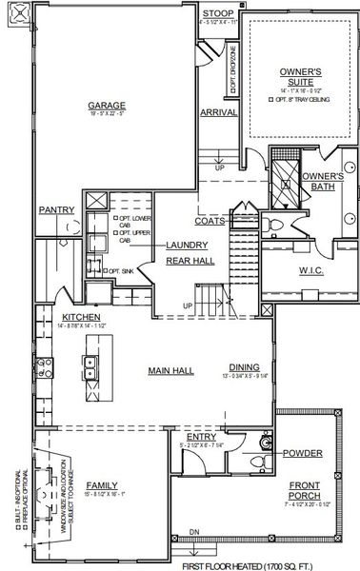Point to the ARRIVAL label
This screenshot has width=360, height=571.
(x=219, y=112)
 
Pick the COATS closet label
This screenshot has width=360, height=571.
(x=210, y=221)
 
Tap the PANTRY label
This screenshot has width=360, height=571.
(x=57, y=210)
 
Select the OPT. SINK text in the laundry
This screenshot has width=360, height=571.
(x=123, y=270)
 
